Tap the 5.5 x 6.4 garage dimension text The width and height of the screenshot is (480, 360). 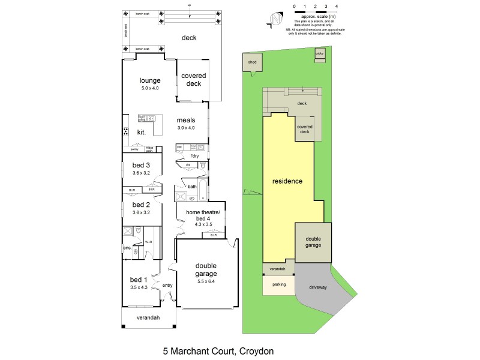pyautogui.click(x=205, y=281)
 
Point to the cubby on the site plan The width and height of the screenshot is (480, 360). pyautogui.click(x=320, y=55)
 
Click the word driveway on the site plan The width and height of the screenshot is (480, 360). pyautogui.click(x=318, y=288)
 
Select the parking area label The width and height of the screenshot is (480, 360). pyautogui.click(x=279, y=284)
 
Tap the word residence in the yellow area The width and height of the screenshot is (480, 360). pyautogui.click(x=287, y=181)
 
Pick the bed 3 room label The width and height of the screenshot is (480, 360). pyautogui.click(x=141, y=165)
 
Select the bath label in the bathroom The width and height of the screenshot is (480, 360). pyautogui.click(x=192, y=187)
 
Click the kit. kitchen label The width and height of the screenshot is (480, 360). pyautogui.click(x=142, y=131)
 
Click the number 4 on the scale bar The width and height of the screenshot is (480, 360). pyautogui.click(x=337, y=5)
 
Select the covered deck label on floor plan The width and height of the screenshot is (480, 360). pyautogui.click(x=193, y=80)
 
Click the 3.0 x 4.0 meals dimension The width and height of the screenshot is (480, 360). pyautogui.click(x=185, y=127)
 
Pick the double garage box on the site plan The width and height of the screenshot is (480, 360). pyautogui.click(x=313, y=242)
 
